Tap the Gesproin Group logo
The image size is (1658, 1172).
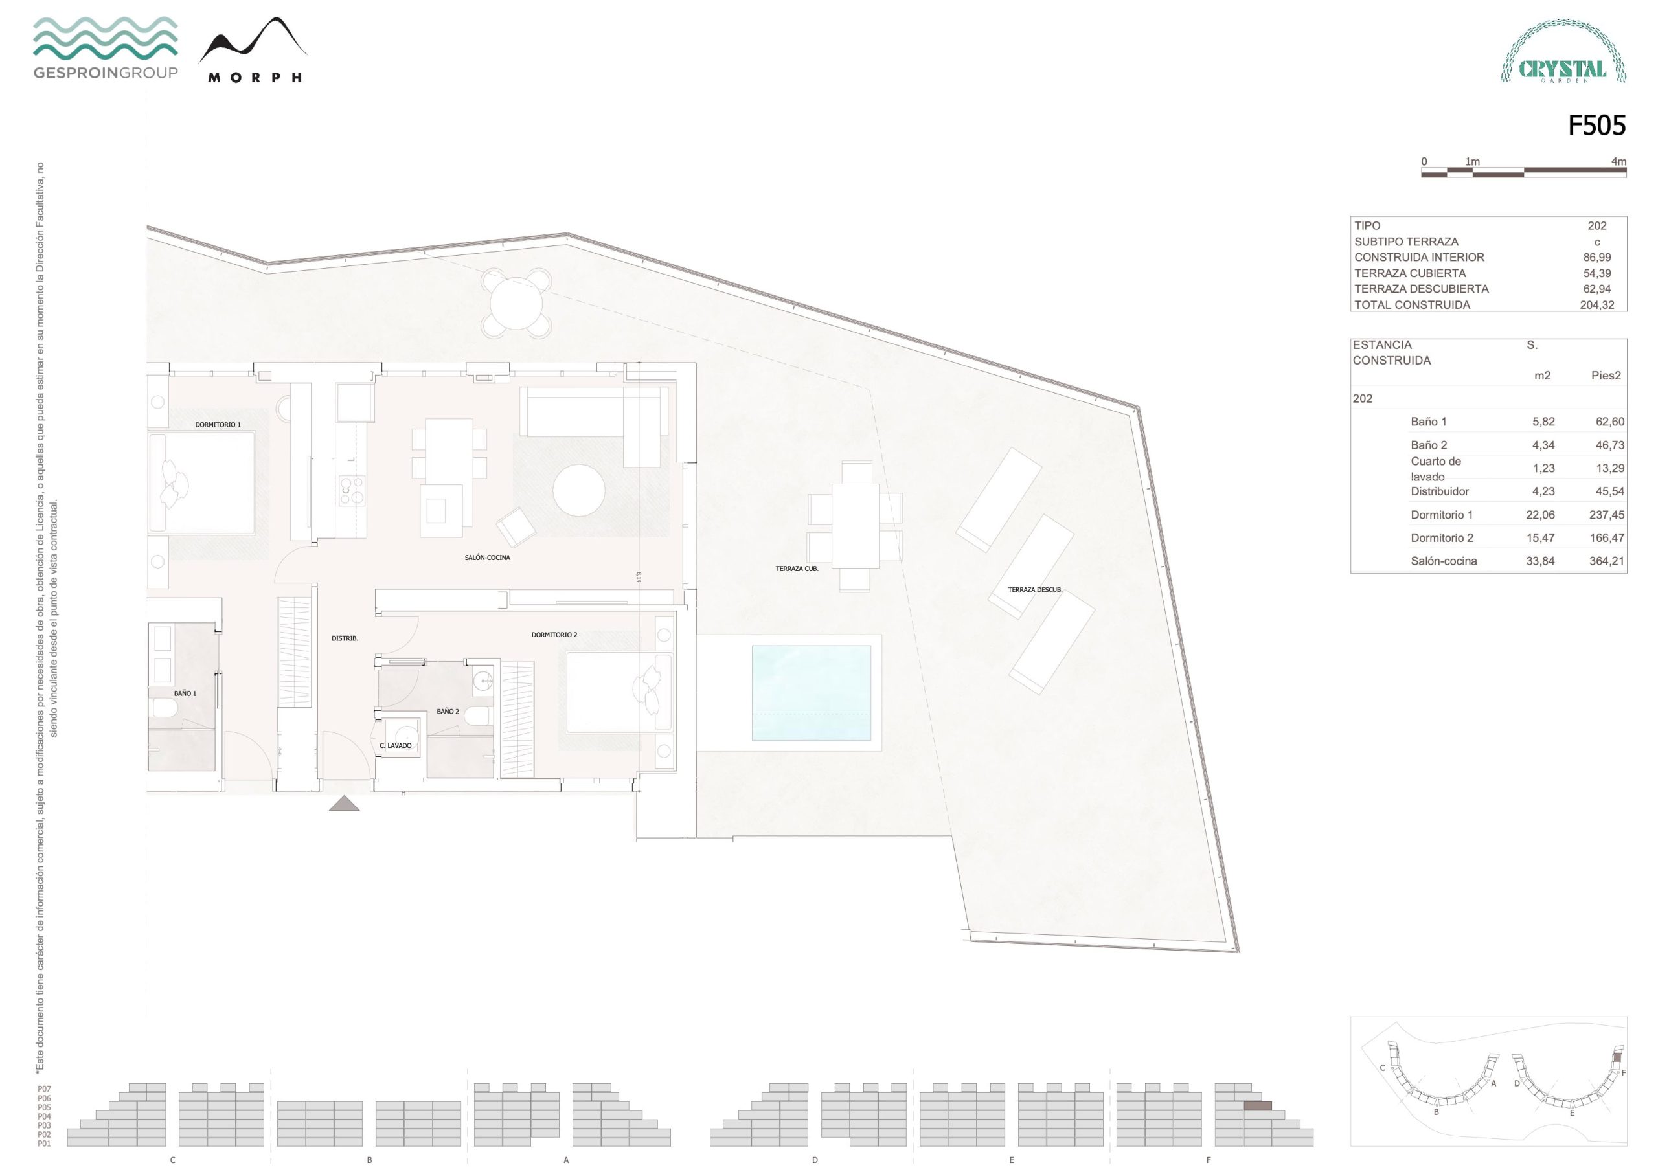coord(106,48)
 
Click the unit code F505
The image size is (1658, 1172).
coord(1596,126)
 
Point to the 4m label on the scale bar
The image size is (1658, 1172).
coord(1618,162)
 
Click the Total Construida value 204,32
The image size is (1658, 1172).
coord(1596,305)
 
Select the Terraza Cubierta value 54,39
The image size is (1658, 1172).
coord(1596,273)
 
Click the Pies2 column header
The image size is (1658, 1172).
coord(1606,376)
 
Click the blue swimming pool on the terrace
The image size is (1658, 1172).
coord(811,692)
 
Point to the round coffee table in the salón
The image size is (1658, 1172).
coord(578,490)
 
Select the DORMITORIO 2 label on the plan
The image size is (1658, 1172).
coord(554,635)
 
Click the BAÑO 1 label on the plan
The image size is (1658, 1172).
coord(185,693)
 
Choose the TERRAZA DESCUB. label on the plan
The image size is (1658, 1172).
coord(1035,590)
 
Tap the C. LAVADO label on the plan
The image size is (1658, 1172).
coord(396,745)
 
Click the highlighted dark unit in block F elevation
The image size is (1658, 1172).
coord(1257,1105)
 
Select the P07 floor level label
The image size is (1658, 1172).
coord(44,1089)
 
